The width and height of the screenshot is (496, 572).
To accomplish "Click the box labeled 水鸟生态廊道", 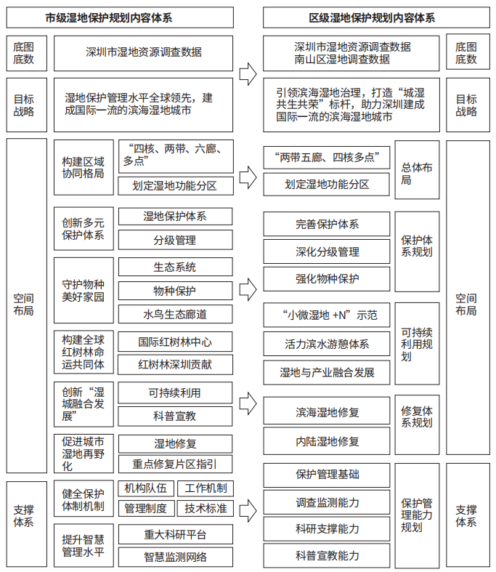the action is pyautogui.click(x=175, y=314).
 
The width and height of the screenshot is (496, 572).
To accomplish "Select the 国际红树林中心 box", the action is pyautogui.click(x=175, y=342).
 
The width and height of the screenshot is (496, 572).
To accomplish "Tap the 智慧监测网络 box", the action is pyautogui.click(x=175, y=557).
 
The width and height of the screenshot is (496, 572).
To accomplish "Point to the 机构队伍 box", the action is pyautogui.click(x=146, y=488).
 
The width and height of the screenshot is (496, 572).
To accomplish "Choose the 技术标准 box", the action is pyautogui.click(x=206, y=508).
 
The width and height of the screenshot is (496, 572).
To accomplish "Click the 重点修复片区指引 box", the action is pyautogui.click(x=175, y=464).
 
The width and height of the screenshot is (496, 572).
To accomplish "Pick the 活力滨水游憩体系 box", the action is pyautogui.click(x=327, y=344).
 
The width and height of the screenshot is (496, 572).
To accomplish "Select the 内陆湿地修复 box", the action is pyautogui.click(x=327, y=441).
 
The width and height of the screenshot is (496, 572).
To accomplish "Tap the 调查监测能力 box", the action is pyautogui.click(x=327, y=502).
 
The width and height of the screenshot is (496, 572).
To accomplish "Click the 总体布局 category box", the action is pyautogui.click(x=417, y=169).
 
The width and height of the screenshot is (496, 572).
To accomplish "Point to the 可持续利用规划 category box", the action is pyautogui.click(x=417, y=344).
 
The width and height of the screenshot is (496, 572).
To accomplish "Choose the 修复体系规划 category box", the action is pyautogui.click(x=417, y=424).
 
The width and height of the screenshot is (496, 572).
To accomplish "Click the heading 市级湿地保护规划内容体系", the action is pyautogui.click(x=120, y=17).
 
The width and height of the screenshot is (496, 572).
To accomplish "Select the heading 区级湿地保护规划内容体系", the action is pyautogui.click(x=376, y=17).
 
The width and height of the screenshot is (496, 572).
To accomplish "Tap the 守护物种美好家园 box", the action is pyautogui.click(x=84, y=291).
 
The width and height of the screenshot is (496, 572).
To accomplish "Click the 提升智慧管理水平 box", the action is pyautogui.click(x=84, y=545).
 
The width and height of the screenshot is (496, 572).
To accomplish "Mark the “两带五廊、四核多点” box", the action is pyautogui.click(x=327, y=157).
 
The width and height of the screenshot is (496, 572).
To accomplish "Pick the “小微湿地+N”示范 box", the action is pyautogui.click(x=327, y=315).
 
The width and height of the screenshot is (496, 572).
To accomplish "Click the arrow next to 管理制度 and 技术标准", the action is pyautogui.click(x=248, y=510).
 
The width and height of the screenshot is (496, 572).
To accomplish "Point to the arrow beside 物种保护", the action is pyautogui.click(x=248, y=289).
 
